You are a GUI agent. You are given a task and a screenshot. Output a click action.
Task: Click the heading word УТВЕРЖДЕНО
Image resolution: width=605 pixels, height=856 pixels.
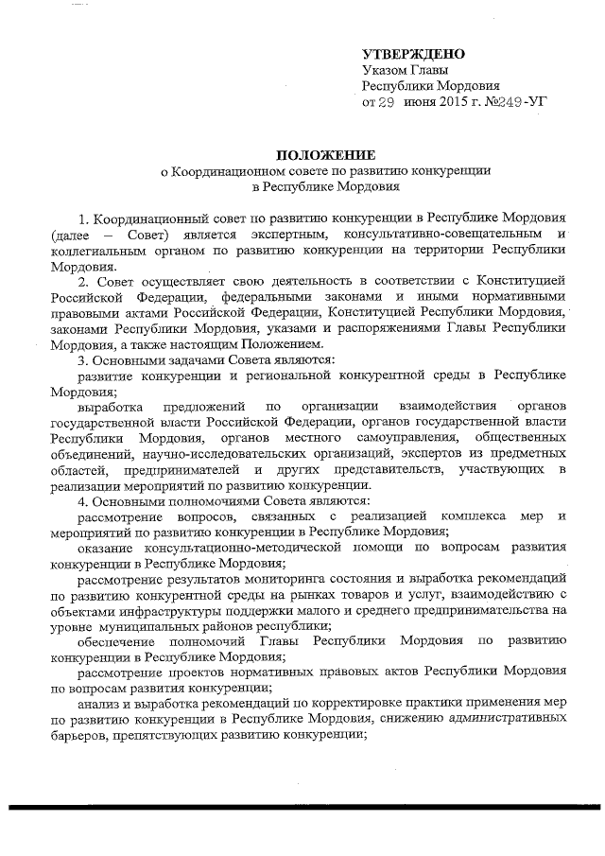tap(414, 54)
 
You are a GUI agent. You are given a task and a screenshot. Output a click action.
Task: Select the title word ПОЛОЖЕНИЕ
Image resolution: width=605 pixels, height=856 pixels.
tap(325, 155)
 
